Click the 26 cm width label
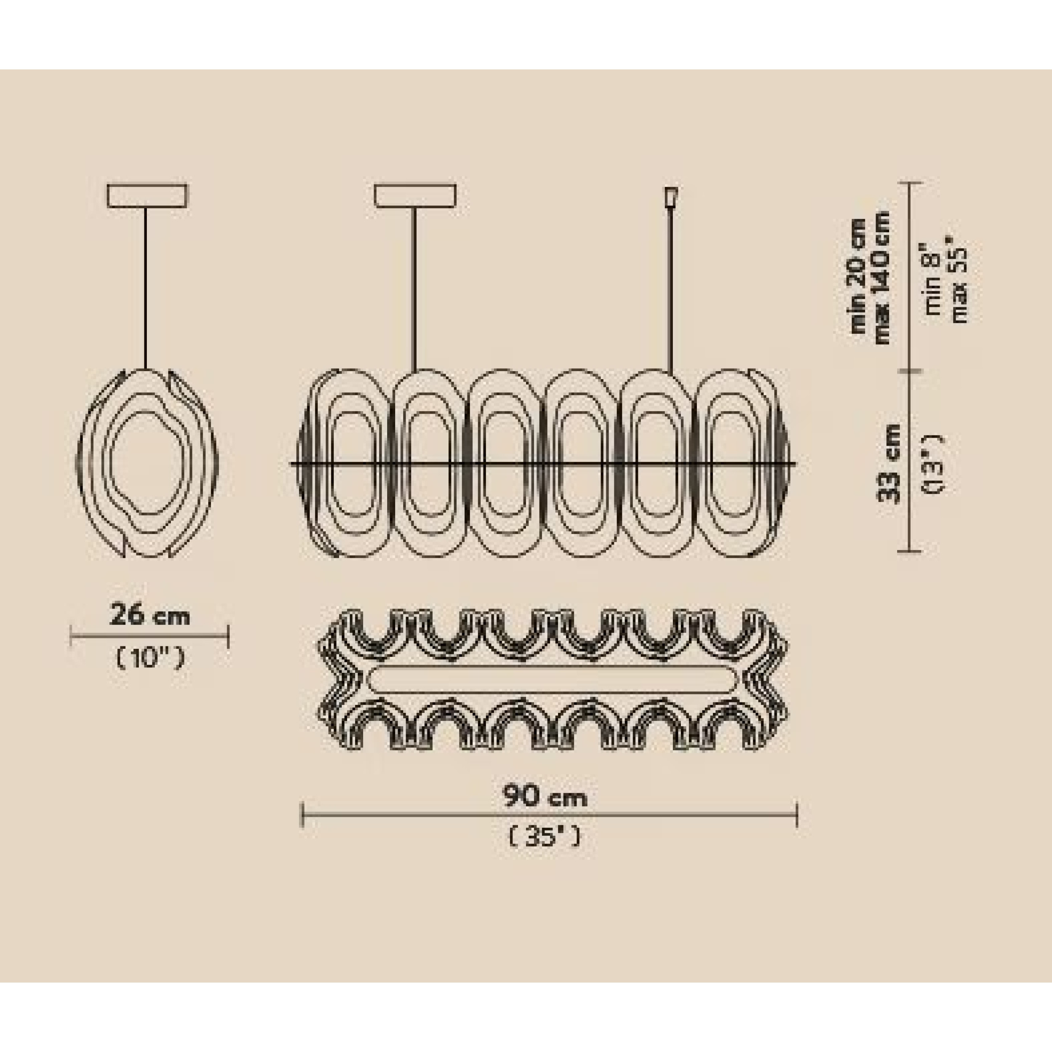tap(150, 617)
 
